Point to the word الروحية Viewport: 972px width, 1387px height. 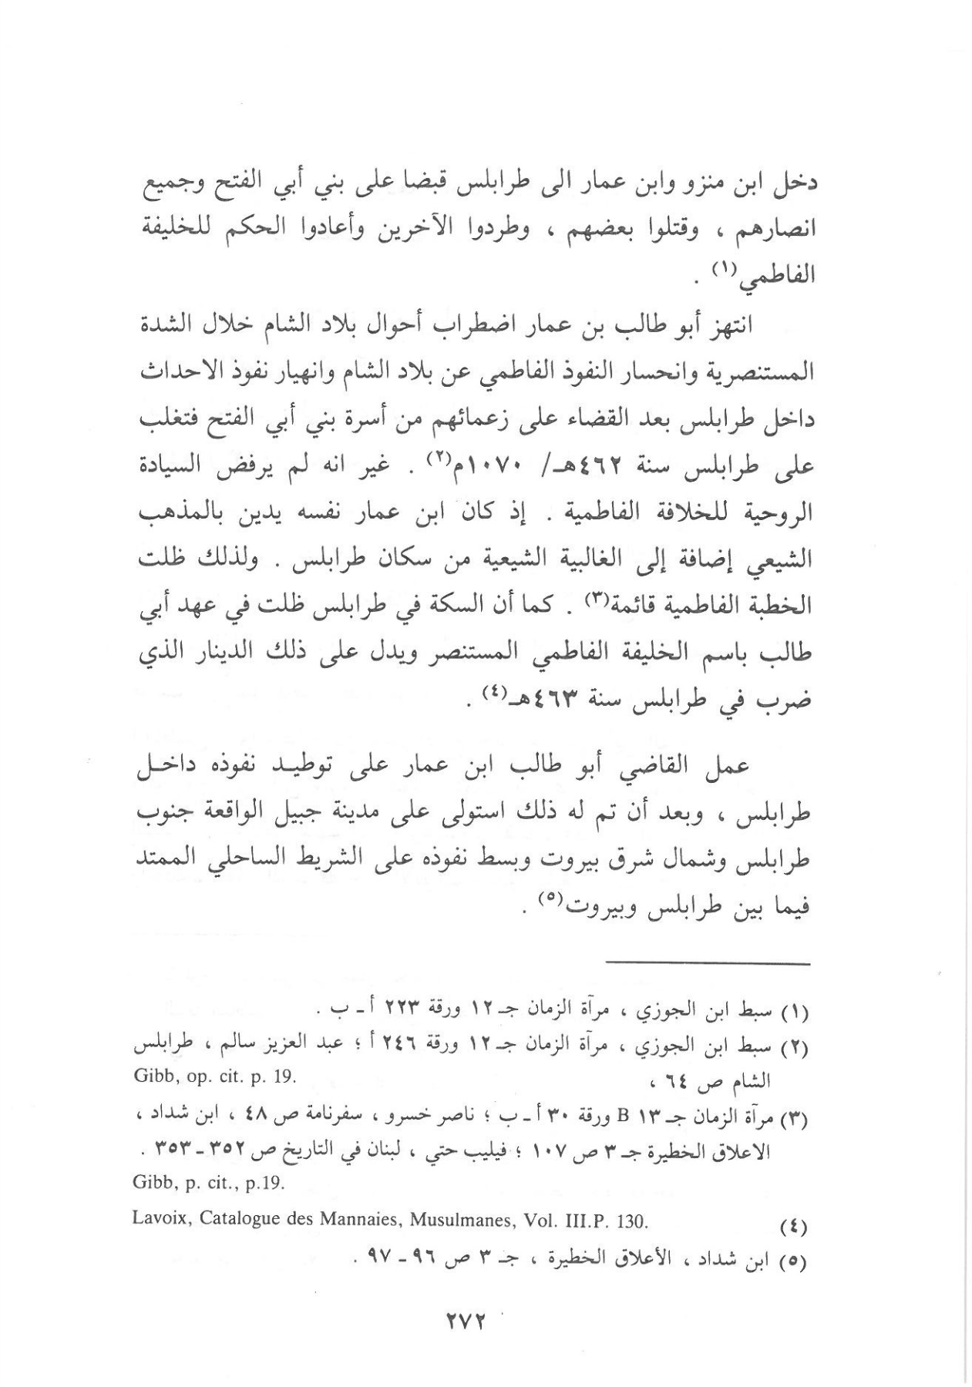(783, 513)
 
